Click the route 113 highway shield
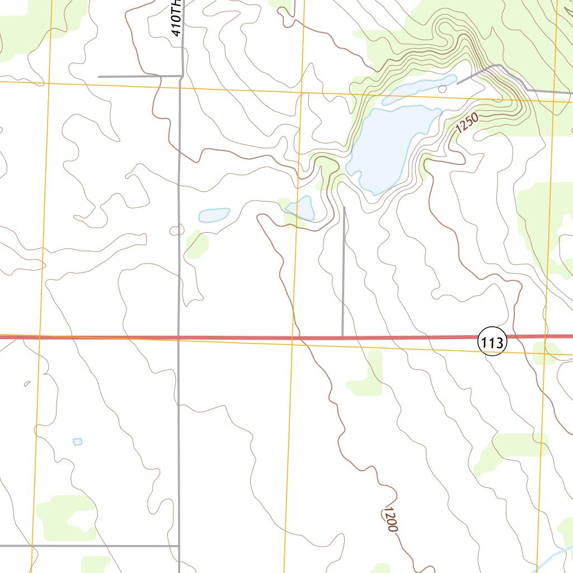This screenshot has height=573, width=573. pos(492,343)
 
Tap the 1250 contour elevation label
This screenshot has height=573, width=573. pos(467,123)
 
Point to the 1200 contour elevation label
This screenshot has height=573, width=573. pos(391,519)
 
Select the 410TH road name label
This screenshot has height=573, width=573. pos(176,18)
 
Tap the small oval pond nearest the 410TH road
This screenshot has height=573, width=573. pos(214,214)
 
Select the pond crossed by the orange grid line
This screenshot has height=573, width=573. pos(300,208)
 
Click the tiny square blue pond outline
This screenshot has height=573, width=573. pos(78,442)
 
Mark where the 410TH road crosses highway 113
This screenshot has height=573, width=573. pos(179,337)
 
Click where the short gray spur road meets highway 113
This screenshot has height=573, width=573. pos(342,337)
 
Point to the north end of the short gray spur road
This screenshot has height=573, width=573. pos(344,208)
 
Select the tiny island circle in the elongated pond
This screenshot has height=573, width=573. pos(443,88)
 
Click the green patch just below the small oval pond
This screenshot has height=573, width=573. pos(197,244)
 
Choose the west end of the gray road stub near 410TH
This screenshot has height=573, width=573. pos(99,76)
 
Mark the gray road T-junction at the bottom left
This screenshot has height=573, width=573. pos(179,546)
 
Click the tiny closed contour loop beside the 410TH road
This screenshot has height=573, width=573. pos(176,230)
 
